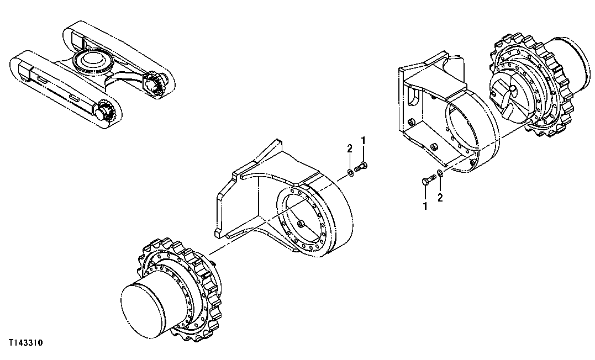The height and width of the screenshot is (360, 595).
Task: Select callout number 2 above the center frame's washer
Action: click(x=350, y=149)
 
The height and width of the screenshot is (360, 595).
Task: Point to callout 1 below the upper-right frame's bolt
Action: click(x=425, y=205)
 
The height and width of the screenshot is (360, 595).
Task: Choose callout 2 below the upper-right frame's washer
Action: click(x=440, y=197)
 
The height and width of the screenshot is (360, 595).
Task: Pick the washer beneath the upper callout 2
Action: click(x=351, y=174)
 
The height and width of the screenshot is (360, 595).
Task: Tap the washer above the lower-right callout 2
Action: click(x=439, y=174)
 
